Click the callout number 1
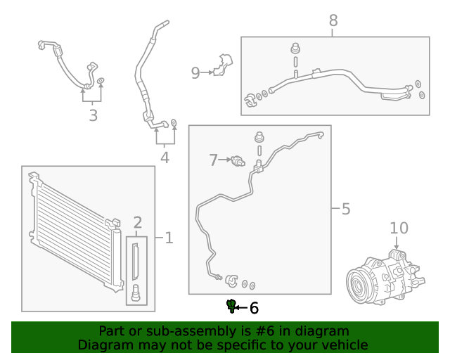click(168, 238)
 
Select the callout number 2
click(138, 224)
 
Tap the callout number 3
click(93, 115)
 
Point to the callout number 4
click(164, 157)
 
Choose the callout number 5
click(345, 209)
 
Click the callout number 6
click(254, 308)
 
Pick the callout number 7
click(214, 160)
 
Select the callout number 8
click(333, 21)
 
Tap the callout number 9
click(195, 72)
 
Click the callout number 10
click(399, 228)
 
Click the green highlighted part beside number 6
click(231, 305)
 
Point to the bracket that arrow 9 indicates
click(223, 64)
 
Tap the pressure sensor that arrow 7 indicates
click(239, 162)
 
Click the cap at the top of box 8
click(295, 50)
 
